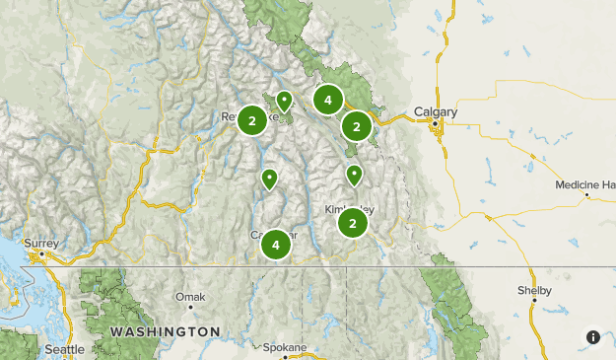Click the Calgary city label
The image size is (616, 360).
(x=436, y=112)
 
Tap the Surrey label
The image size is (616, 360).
(x=41, y=243)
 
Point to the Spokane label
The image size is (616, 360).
(x=285, y=347)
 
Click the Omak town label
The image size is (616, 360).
(x=189, y=296)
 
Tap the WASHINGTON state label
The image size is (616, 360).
(x=166, y=330)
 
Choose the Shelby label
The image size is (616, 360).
(x=534, y=291)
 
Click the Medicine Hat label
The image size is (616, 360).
(x=585, y=184)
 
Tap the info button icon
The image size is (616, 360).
(x=593, y=337)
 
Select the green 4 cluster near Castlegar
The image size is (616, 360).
(x=276, y=244)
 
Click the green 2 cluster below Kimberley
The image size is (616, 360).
(x=353, y=224)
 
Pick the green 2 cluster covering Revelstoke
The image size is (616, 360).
(x=253, y=120)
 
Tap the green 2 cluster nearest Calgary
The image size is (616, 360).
(x=357, y=125)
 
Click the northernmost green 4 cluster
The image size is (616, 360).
(x=327, y=100)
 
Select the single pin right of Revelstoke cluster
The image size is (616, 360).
(x=285, y=100)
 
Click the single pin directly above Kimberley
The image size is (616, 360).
(x=354, y=175)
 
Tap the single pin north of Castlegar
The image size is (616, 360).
(x=268, y=179)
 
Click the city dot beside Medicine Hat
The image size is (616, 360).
(x=587, y=195)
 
